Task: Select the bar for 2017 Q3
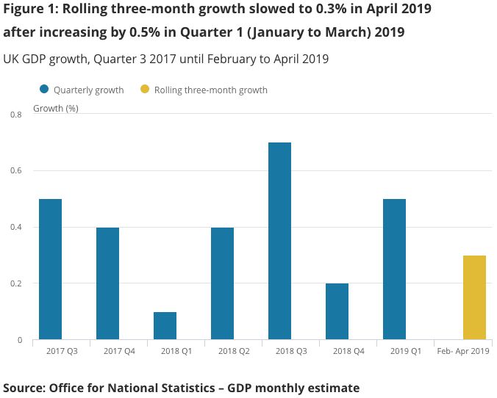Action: (50, 269)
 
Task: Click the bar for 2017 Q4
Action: (107, 283)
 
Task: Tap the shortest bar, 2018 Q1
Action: (165, 325)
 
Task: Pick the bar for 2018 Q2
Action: (222, 283)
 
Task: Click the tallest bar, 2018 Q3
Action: (279, 241)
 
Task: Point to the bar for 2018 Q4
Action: (337, 311)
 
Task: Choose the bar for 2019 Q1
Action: (394, 269)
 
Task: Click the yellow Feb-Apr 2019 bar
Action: (474, 297)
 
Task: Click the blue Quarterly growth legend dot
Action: (44, 90)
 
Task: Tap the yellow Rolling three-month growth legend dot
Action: (144, 90)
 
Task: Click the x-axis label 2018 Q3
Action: (279, 352)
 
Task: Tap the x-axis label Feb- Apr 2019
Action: (462, 352)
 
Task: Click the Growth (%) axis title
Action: (56, 108)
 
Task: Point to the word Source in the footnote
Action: (24, 387)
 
